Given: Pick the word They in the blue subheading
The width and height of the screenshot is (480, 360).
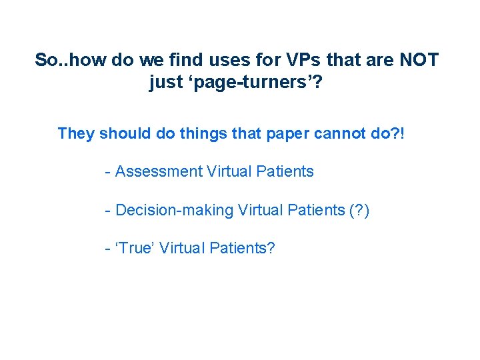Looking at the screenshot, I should (x=76, y=133).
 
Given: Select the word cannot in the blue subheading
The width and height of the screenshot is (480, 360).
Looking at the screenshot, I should (x=339, y=133).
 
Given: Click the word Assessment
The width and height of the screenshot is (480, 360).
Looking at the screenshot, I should (x=159, y=171).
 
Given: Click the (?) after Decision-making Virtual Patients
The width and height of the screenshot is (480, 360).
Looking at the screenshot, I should (x=359, y=210).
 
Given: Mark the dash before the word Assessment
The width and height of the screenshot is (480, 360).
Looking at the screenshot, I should (x=107, y=172).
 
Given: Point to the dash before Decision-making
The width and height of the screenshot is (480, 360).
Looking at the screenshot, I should (x=107, y=211).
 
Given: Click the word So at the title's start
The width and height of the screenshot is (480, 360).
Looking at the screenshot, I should (x=46, y=60).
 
